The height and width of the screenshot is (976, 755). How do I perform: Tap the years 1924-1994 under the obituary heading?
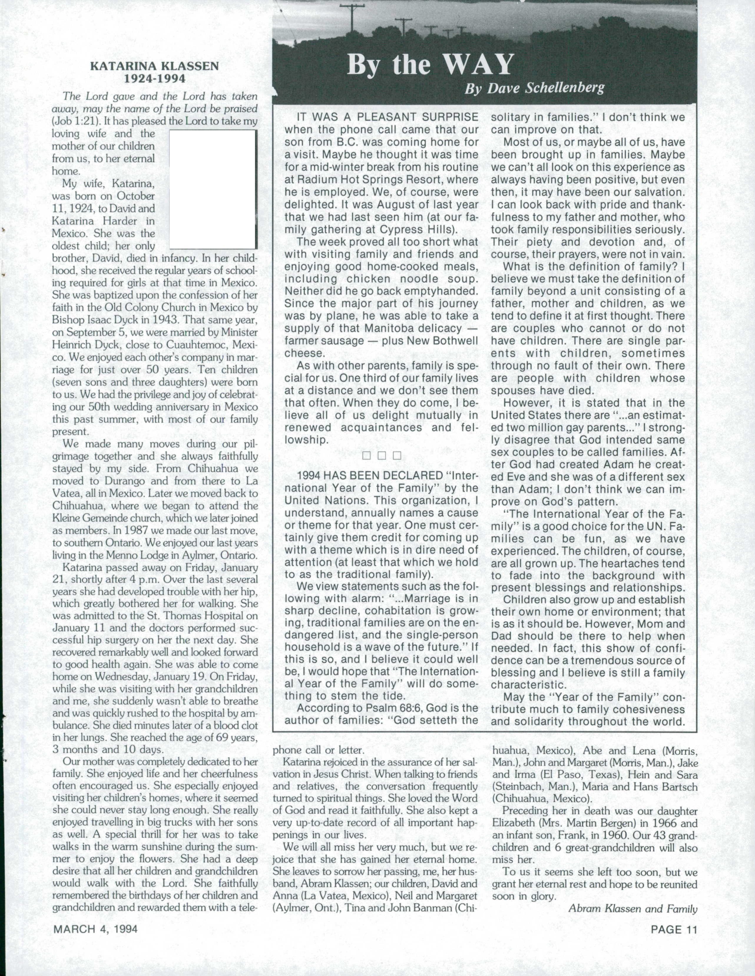point(155,79)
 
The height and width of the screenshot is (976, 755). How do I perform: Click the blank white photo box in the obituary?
point(213,189)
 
